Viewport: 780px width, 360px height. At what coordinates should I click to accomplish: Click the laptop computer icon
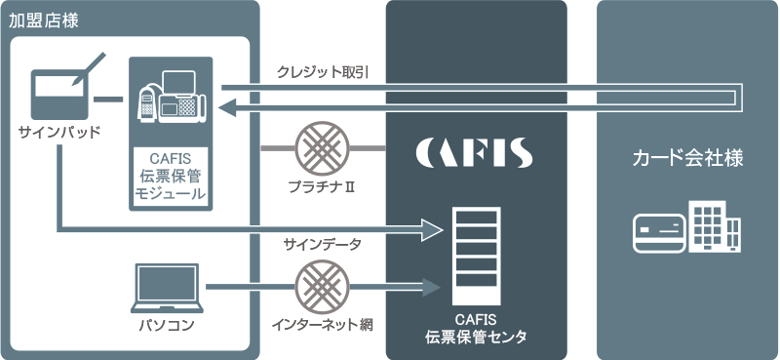(x=167, y=286)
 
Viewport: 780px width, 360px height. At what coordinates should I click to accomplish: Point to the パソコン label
(x=167, y=324)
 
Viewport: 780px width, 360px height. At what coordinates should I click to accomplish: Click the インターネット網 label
(x=323, y=324)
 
